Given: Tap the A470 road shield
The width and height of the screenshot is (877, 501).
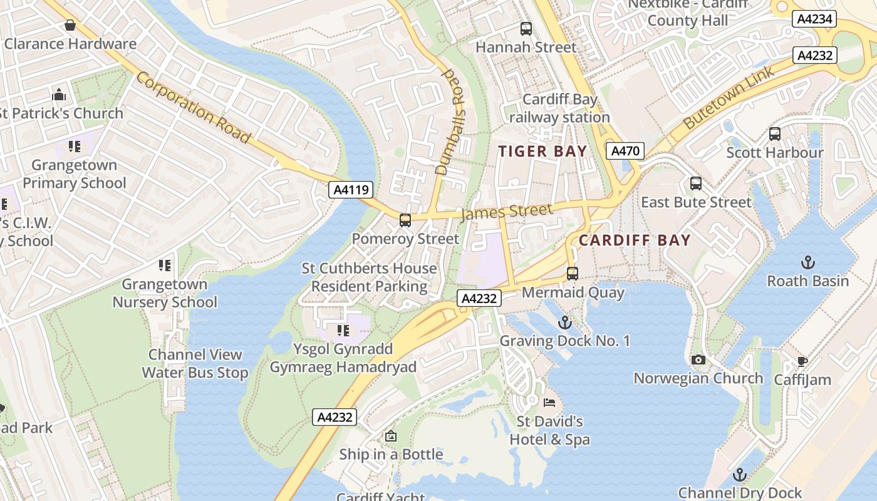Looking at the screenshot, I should pyautogui.click(x=625, y=151).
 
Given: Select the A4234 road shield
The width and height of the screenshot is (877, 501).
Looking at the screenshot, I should pyautogui.click(x=815, y=19).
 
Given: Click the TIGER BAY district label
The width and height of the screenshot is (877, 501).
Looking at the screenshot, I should pyautogui.click(x=542, y=152).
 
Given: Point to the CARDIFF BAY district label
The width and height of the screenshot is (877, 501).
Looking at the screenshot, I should pyautogui.click(x=634, y=240).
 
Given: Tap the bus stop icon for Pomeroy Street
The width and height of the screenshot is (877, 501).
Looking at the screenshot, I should pyautogui.click(x=405, y=220).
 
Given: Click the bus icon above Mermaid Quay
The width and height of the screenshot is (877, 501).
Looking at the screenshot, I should pyautogui.click(x=572, y=274).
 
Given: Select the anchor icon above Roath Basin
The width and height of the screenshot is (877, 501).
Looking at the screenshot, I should pyautogui.click(x=807, y=262).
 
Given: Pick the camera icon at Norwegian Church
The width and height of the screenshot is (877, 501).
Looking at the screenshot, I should pyautogui.click(x=698, y=360).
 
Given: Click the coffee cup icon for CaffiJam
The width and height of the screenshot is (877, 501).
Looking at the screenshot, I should pyautogui.click(x=802, y=361).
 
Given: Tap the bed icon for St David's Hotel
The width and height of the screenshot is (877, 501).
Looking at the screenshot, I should pyautogui.click(x=549, y=403).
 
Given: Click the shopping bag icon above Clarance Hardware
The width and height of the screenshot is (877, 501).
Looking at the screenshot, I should pyautogui.click(x=70, y=26).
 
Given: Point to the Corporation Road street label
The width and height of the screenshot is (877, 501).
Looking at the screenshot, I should pyautogui.click(x=193, y=107).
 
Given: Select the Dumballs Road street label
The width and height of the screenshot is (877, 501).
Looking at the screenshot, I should pyautogui.click(x=453, y=121).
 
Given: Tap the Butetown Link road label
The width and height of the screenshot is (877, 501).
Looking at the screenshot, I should pyautogui.click(x=729, y=97).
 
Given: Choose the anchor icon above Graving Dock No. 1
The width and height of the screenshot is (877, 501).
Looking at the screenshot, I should pyautogui.click(x=565, y=323).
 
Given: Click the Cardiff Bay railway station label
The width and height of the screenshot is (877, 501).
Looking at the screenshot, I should pyautogui.click(x=559, y=108).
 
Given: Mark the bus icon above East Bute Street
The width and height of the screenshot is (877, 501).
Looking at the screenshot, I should pyautogui.click(x=695, y=183).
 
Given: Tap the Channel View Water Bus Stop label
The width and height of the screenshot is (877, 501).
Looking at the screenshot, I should pyautogui.click(x=195, y=364).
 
